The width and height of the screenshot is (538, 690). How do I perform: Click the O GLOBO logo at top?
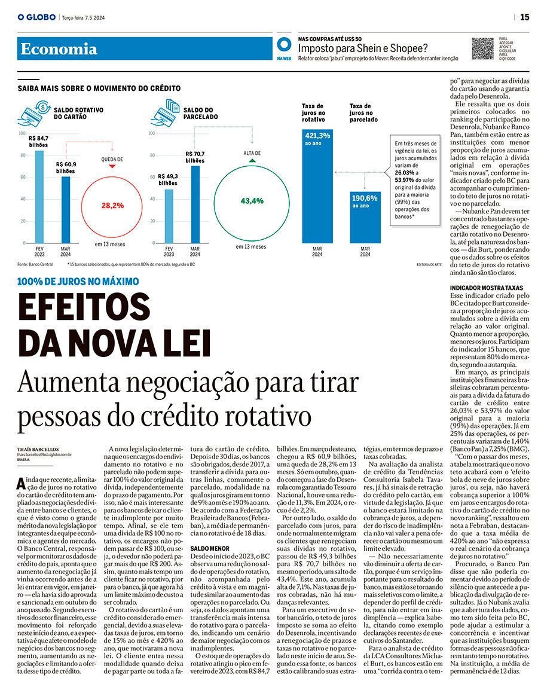37,17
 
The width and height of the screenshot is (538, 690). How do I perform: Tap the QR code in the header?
482,48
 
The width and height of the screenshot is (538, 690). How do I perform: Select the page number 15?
524,17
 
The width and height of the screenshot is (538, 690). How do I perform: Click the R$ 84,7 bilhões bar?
39,197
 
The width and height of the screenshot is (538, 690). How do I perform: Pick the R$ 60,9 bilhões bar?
66,209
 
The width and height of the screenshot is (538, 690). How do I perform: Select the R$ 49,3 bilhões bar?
169,216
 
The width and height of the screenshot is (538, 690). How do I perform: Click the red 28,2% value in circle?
112,205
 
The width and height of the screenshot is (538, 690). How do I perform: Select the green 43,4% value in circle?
252,201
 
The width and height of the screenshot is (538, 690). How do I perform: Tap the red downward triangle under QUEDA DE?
112,166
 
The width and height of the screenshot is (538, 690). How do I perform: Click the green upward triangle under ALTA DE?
252,161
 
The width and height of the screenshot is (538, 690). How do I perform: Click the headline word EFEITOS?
84,309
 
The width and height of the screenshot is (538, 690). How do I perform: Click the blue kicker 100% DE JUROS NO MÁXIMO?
78,281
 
